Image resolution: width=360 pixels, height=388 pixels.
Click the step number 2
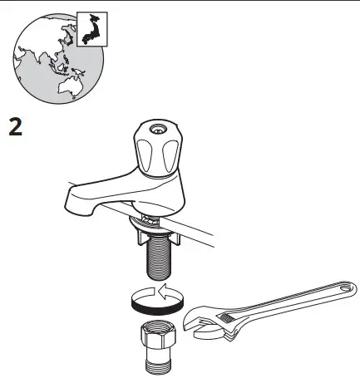pyautogui.click(x=16, y=130)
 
